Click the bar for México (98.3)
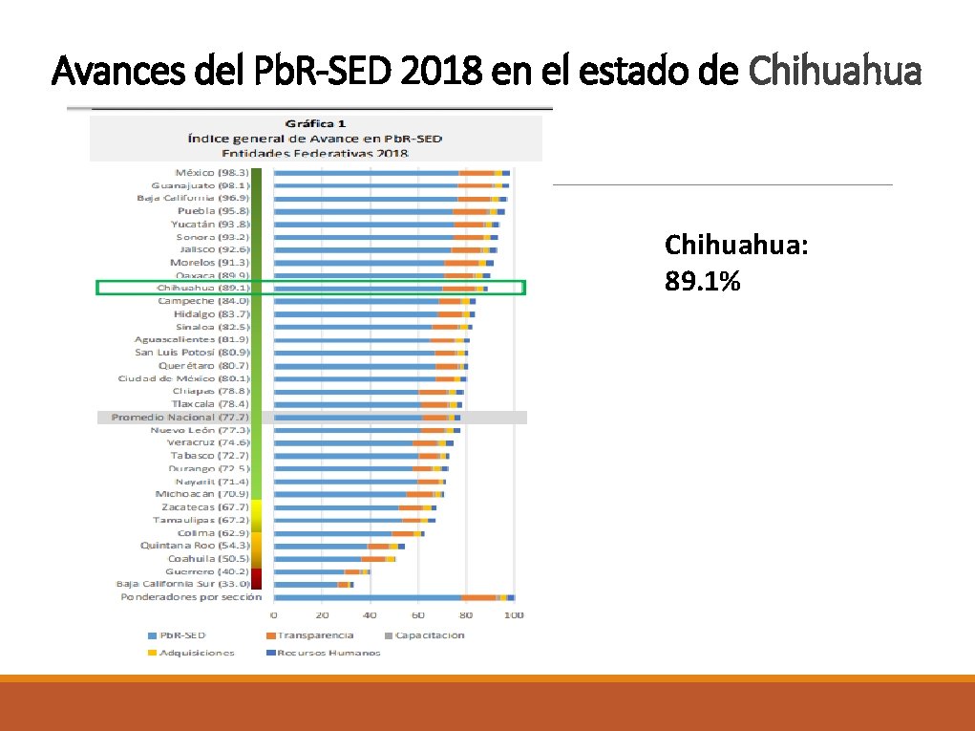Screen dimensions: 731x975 [392, 172]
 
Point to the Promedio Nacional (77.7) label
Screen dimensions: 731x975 [180, 418]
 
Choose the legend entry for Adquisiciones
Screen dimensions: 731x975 [197, 653]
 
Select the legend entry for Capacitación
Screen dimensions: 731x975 [425, 635]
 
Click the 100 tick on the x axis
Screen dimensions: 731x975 [514, 615]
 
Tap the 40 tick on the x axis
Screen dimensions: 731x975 [370, 615]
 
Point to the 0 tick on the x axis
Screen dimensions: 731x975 [274, 615]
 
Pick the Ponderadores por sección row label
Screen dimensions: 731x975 [191, 597]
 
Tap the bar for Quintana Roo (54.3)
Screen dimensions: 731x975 [339, 546]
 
